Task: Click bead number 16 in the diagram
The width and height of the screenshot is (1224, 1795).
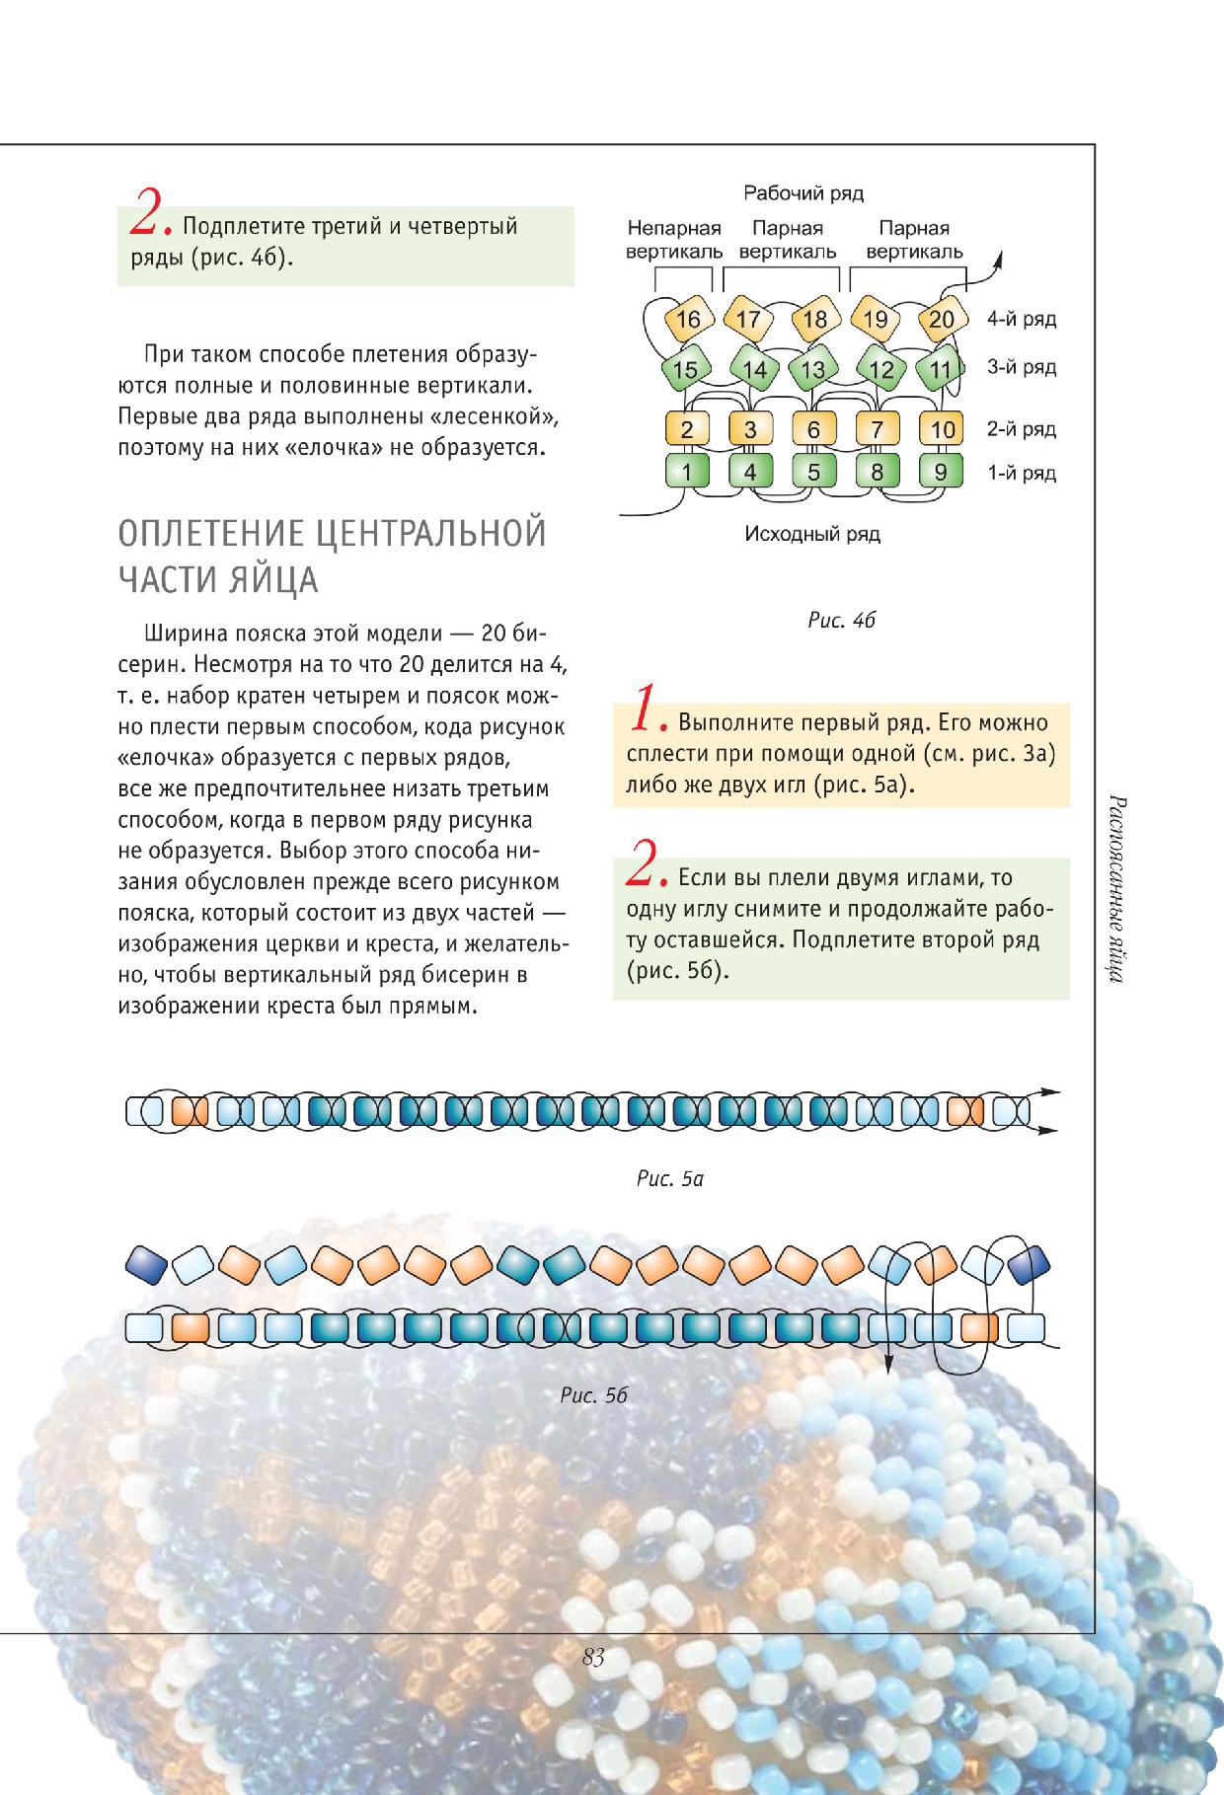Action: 688,319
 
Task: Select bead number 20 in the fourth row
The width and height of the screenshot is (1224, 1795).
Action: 943,319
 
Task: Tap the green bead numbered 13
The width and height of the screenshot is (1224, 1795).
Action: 813,370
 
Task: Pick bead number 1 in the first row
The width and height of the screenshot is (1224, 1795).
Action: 688,472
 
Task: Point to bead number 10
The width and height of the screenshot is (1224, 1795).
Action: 943,429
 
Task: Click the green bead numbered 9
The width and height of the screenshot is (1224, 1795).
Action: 941,472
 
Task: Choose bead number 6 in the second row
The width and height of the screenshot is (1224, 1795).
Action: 813,429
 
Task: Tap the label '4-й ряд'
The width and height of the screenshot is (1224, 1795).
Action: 1022,319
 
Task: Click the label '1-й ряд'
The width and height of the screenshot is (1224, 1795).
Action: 1022,473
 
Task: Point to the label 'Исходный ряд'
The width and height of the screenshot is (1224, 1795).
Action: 812,535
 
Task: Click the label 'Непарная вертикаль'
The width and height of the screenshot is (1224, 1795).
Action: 674,240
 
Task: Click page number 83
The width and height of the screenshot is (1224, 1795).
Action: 593,1657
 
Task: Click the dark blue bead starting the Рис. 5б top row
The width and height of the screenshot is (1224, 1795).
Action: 146,1261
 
